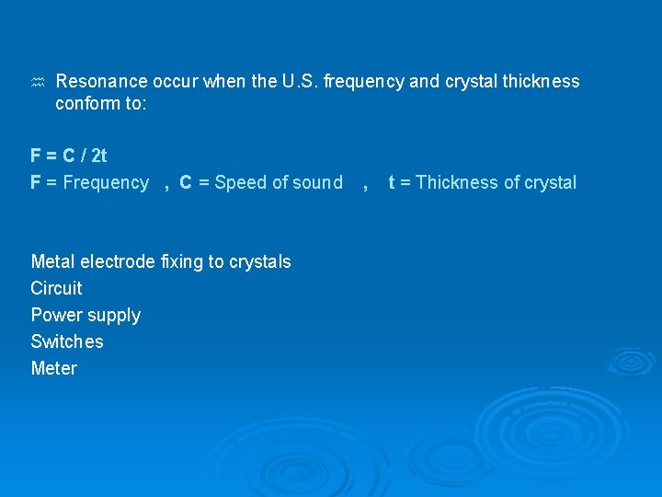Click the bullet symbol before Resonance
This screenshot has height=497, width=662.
tap(38, 83)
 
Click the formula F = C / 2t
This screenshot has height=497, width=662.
tap(68, 156)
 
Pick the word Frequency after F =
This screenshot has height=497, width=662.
tap(104, 182)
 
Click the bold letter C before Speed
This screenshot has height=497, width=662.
tap(186, 182)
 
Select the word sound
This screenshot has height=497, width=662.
tap(318, 182)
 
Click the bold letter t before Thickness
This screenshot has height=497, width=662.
tap(392, 182)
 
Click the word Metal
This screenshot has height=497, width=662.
tap(53, 261)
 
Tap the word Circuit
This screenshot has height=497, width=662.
tap(56, 288)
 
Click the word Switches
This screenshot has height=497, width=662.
tap(67, 341)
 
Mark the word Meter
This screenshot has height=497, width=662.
tap(54, 368)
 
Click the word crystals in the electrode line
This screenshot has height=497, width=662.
tap(260, 261)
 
